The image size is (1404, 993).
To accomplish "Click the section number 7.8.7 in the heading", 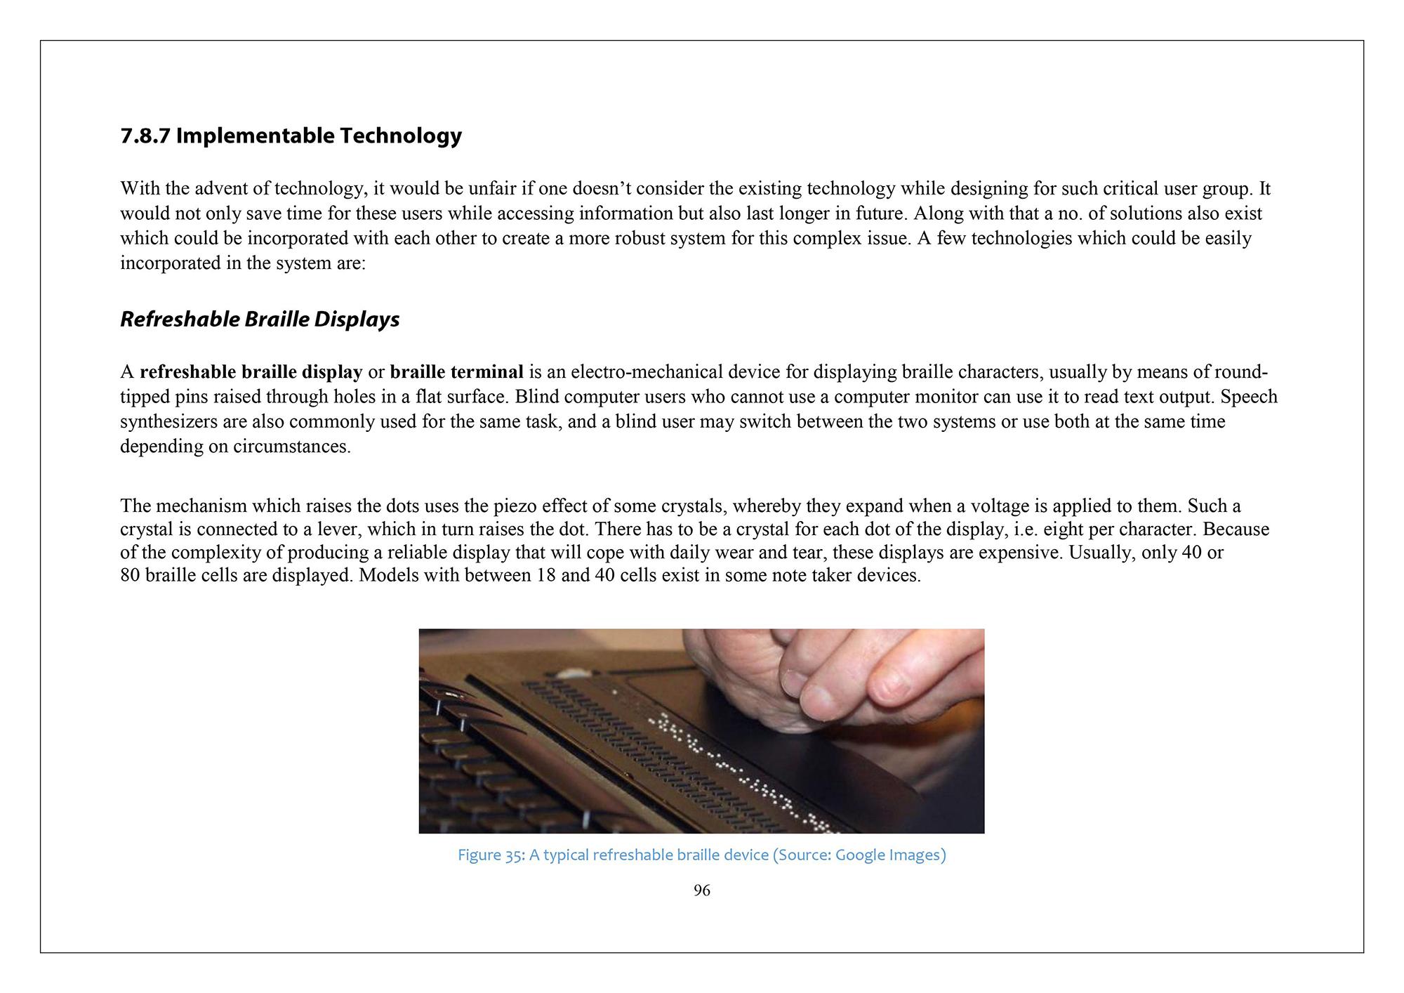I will pos(145,136).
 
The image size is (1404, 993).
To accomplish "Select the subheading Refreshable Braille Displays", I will pos(260,320).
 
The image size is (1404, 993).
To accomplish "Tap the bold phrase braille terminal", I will pos(457,371).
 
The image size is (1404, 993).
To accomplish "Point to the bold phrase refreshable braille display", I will pos(251,371).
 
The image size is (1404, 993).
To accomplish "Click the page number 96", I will pos(701,890).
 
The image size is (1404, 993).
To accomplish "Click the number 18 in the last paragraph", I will pos(545,576).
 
